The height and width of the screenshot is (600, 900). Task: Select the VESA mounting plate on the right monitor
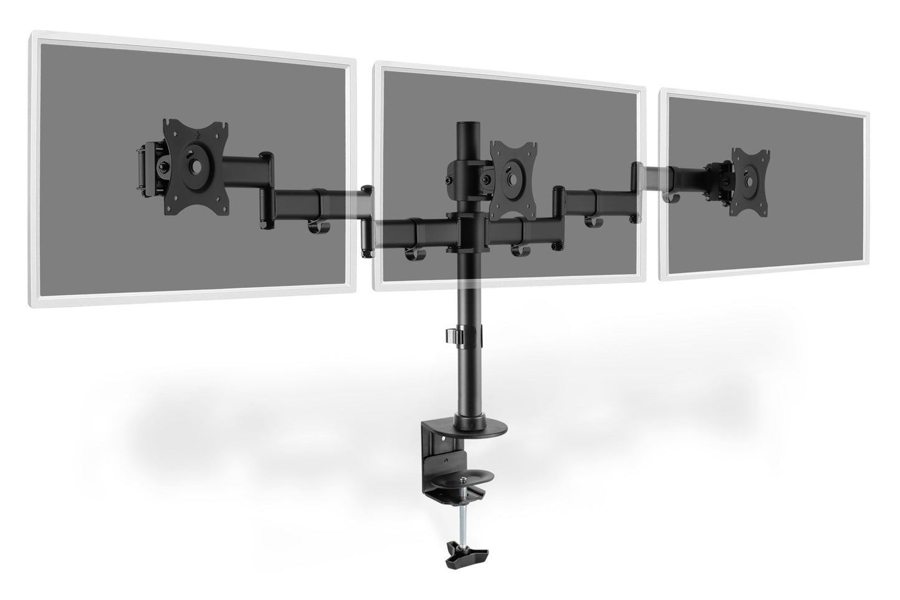coord(750,175)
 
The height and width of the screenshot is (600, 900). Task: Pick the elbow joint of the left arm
coord(367,218)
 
